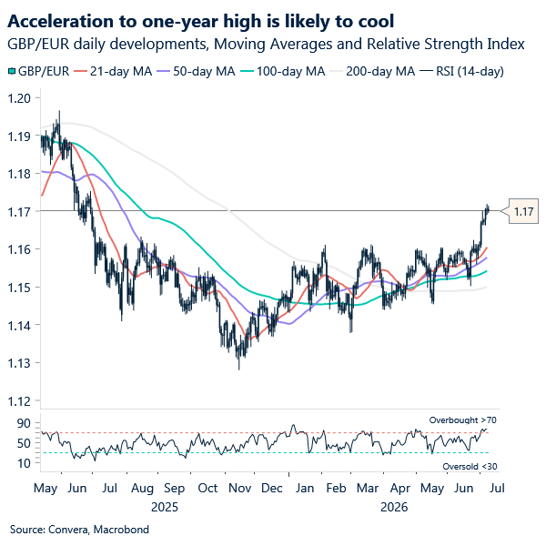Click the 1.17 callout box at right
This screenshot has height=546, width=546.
click(x=523, y=211)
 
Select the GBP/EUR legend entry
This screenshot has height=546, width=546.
click(x=38, y=71)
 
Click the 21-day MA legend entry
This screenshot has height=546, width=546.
click(x=113, y=71)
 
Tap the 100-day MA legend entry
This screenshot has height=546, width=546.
click(x=282, y=71)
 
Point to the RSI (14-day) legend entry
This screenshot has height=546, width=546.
click(x=461, y=71)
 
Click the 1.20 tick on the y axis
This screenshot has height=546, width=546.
click(x=19, y=98)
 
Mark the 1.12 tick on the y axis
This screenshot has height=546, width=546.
click(x=19, y=401)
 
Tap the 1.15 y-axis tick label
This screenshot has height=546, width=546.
click(x=19, y=288)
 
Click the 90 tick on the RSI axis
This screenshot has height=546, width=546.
click(x=24, y=423)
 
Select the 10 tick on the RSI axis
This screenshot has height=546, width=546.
click(x=24, y=463)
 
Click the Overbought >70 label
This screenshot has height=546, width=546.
click(x=463, y=420)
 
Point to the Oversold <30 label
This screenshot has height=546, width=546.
click(x=470, y=466)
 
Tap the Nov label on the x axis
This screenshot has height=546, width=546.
click(x=240, y=488)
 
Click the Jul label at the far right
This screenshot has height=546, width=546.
click(x=497, y=488)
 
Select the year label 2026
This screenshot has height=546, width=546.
click(x=394, y=507)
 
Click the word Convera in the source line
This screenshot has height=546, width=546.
click(x=70, y=530)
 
